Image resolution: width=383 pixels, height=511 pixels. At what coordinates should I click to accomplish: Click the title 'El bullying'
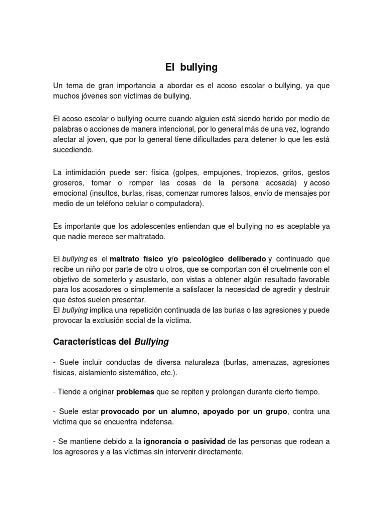(191, 67)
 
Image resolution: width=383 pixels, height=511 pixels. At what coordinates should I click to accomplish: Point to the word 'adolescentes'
(145, 226)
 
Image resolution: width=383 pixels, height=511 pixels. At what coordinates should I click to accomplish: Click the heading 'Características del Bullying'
(111, 342)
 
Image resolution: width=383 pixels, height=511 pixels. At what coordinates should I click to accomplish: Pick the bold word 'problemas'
(135, 392)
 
